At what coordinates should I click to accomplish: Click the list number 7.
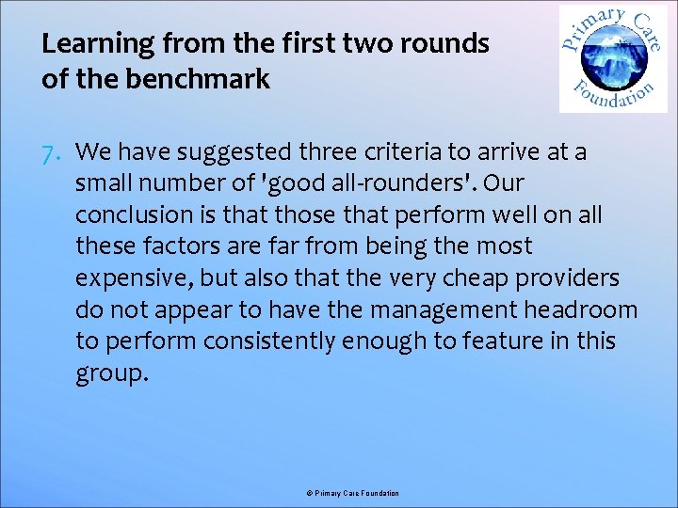52,152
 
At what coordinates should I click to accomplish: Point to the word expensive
129,278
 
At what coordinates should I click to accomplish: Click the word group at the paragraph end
110,373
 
